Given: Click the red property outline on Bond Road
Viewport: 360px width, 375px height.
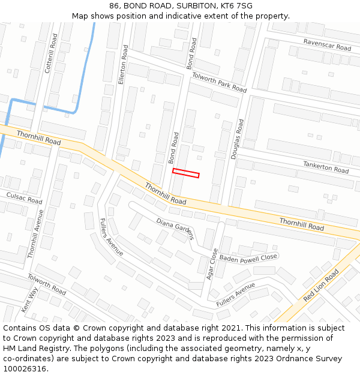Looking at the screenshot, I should [x=185, y=173].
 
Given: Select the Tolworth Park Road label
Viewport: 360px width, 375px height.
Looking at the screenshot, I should [x=219, y=82].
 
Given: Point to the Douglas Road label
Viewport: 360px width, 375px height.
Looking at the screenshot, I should [x=238, y=139].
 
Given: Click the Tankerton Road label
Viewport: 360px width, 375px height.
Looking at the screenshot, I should [x=326, y=166].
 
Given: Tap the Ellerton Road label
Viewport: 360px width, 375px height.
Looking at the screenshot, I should [x=122, y=64].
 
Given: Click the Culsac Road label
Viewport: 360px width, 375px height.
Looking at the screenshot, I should [x=24, y=199].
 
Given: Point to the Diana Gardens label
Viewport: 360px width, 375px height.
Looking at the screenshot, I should [x=175, y=229].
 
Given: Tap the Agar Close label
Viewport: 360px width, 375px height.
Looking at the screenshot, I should [x=211, y=265].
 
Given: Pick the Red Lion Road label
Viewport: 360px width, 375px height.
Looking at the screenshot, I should [x=321, y=285].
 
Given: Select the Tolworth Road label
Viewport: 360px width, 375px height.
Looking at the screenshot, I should [x=47, y=284].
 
